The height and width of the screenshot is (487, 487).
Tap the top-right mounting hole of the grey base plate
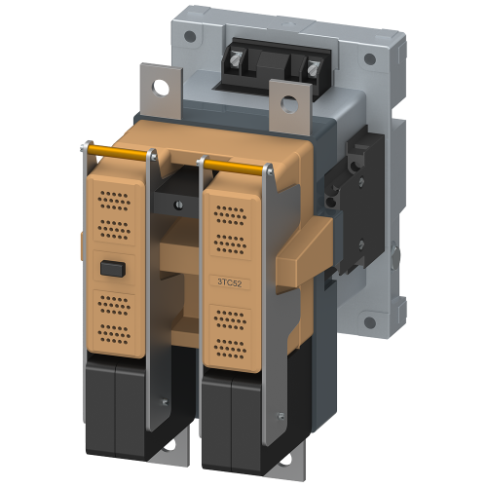click(x=370, y=59)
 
